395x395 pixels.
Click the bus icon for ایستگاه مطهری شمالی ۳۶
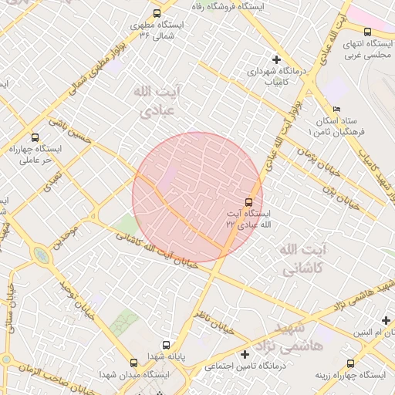[x=157, y=13]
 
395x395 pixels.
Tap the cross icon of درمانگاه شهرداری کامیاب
[x=276, y=59]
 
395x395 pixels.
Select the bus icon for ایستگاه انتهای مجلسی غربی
[x=367, y=32]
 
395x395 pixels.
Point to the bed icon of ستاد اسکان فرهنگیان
[x=336, y=110]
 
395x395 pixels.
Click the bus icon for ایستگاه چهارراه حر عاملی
[x=34, y=137]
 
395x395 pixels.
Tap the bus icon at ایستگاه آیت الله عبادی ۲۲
[x=248, y=201]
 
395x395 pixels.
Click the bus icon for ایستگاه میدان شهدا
[x=135, y=360]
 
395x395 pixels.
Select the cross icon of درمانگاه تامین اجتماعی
[x=245, y=355]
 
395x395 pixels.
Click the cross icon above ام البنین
[x=386, y=320]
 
